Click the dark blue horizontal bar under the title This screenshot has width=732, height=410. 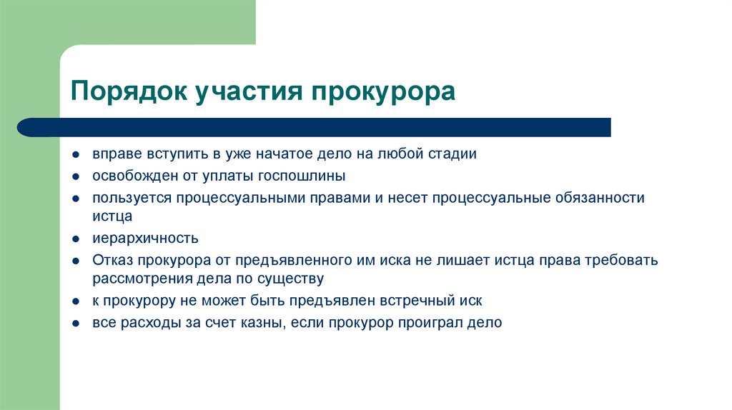[315, 127]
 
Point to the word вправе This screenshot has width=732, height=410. [115, 154]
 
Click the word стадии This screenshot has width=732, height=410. [452, 154]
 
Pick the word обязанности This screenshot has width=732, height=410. [599, 198]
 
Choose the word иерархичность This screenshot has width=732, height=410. [145, 239]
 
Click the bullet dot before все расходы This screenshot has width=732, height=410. [76, 323]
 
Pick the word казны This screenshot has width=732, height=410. [264, 322]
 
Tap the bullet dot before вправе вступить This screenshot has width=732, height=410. [76, 155]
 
